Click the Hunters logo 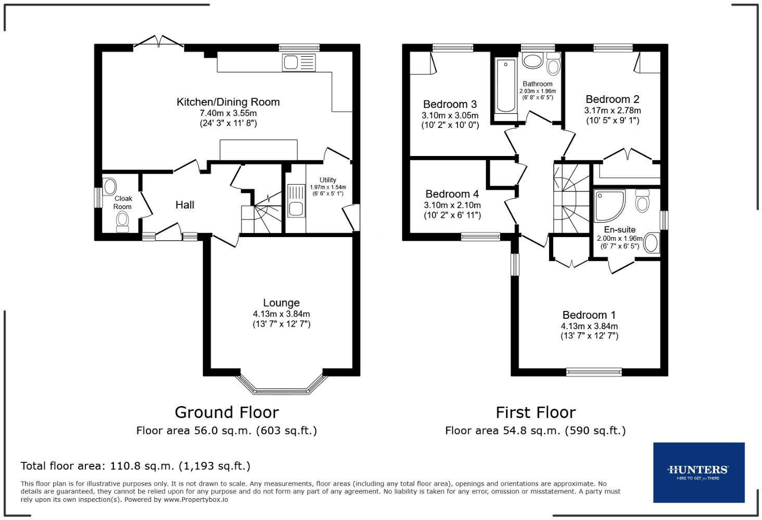[698, 472]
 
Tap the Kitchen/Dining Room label [228, 102]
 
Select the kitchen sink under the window [298, 63]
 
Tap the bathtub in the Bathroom [505, 86]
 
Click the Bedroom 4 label [452, 194]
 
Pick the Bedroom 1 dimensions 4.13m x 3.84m [589, 326]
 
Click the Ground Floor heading [226, 412]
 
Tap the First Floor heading [535, 412]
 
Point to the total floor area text [135, 466]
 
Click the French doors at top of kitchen [159, 43]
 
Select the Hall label [185, 205]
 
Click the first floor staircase [571, 198]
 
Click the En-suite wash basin [651, 243]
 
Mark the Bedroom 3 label [450, 104]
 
